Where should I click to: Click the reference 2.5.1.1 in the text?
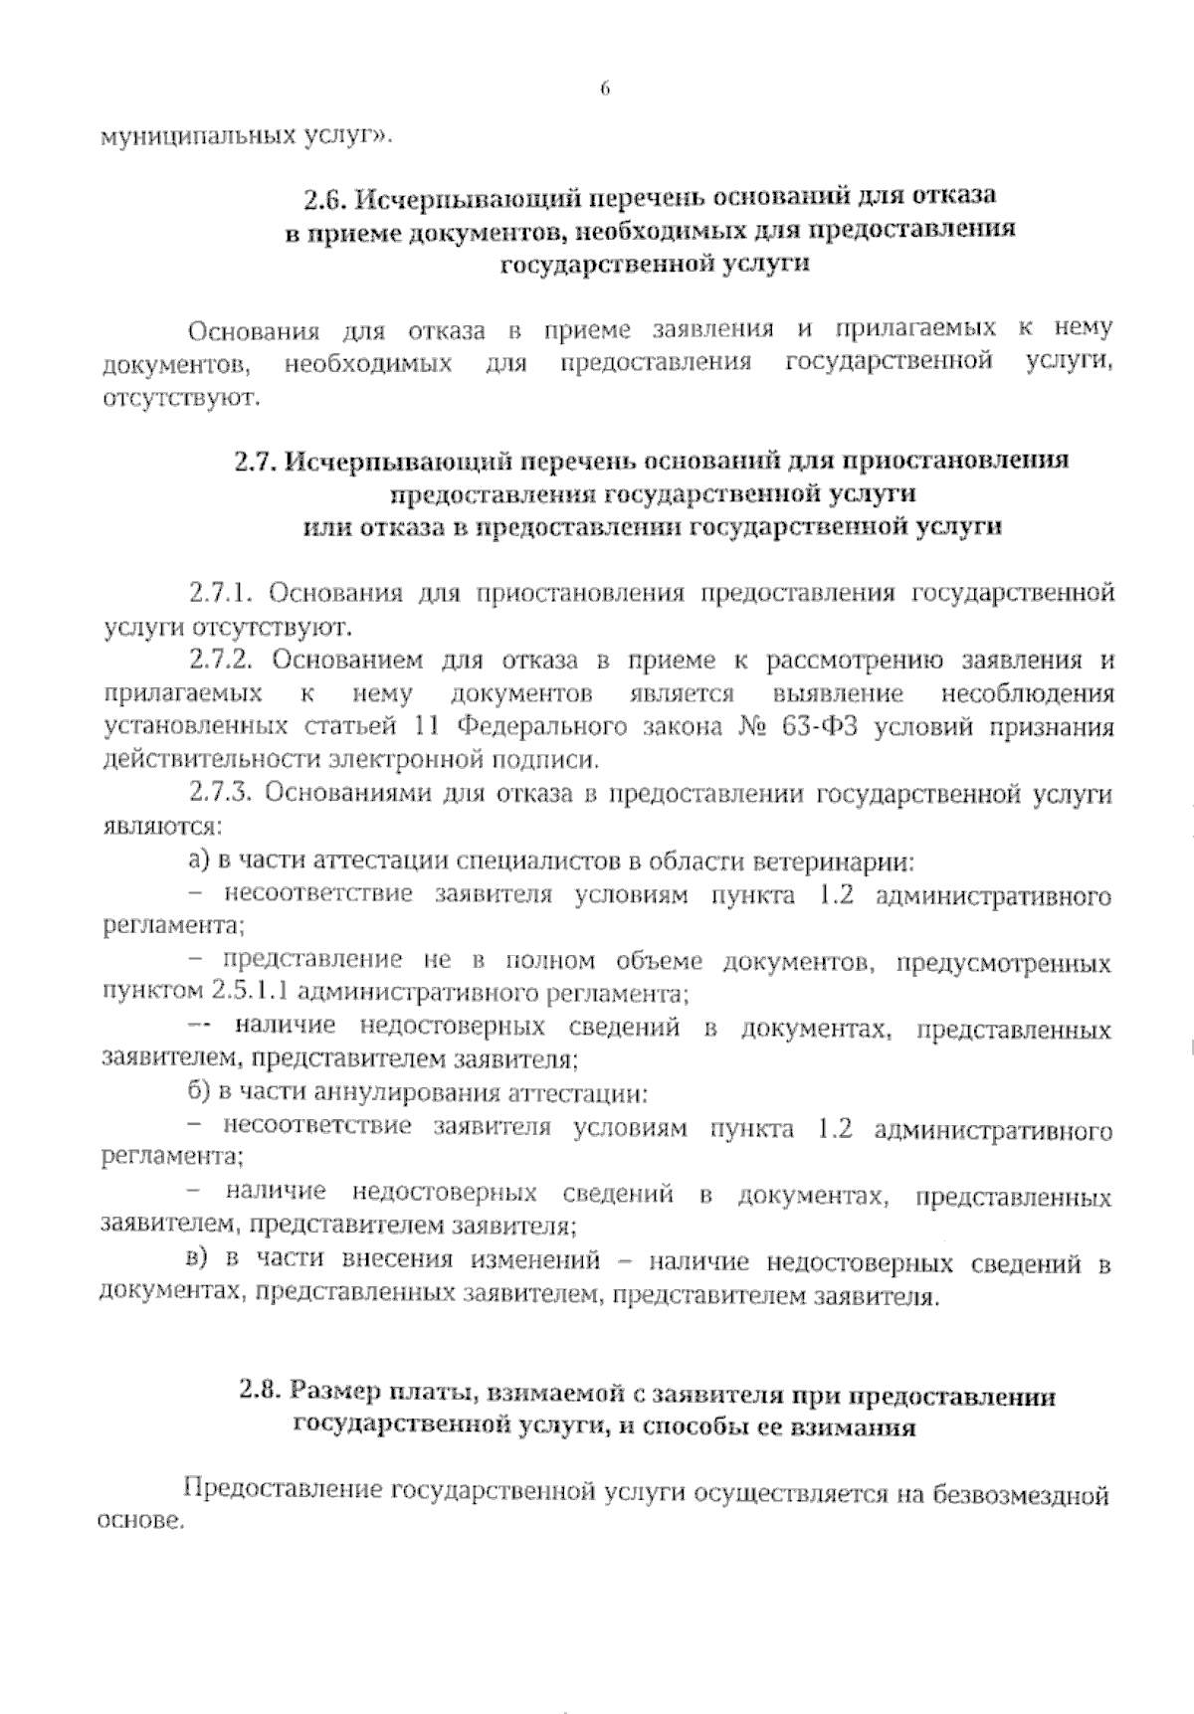coord(250,992)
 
